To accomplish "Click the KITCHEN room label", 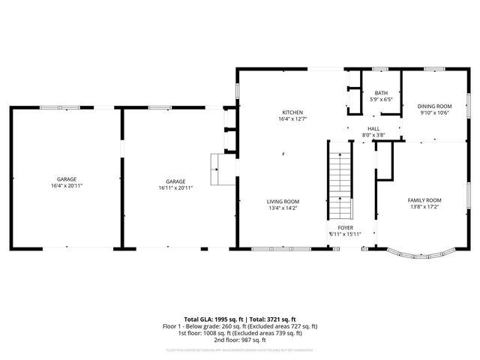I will click(x=292, y=112).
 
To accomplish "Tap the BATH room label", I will click(x=382, y=92).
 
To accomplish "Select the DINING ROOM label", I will click(x=434, y=106).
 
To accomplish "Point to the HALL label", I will click(x=373, y=129).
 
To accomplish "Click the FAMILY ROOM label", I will click(x=424, y=200).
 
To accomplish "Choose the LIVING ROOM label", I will click(x=283, y=201).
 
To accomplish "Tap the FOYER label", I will click(x=345, y=227).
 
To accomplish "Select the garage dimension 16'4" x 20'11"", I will click(x=67, y=187).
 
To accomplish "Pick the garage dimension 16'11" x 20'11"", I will click(x=175, y=187).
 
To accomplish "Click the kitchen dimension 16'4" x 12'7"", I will click(x=292, y=118).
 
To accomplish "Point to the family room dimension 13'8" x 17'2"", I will click(x=424, y=207).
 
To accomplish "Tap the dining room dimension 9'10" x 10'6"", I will click(x=434, y=112).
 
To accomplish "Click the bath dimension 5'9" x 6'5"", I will click(x=382, y=99).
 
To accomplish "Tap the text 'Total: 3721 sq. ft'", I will click(x=270, y=319).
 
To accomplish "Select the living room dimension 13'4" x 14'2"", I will click(x=283, y=208).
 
